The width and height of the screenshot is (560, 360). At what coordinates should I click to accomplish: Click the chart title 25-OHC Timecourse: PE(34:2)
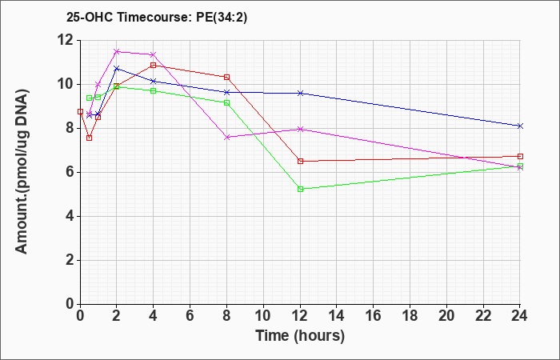tap(157, 17)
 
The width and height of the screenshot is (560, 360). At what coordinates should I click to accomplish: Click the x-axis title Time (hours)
tap(300, 336)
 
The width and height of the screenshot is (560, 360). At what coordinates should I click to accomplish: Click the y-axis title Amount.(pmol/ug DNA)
tap(22, 172)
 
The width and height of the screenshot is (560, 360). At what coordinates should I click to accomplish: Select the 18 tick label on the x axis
tap(410, 316)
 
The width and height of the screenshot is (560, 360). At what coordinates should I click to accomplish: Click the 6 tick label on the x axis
tap(190, 316)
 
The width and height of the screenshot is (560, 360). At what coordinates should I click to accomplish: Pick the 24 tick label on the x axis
tap(519, 316)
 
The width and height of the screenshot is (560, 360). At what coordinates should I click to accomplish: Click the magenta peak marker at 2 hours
tap(117, 51)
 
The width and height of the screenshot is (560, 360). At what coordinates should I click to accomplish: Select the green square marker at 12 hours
tap(300, 189)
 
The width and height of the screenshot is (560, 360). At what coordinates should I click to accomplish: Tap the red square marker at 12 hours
tap(300, 161)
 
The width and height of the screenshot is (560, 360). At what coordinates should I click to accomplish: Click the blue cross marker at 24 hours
tap(520, 126)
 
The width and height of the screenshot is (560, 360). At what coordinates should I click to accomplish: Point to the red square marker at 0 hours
tap(80, 111)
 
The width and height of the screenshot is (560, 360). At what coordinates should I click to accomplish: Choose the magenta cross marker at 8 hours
tap(226, 137)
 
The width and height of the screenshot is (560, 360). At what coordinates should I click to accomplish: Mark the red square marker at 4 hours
tap(154, 65)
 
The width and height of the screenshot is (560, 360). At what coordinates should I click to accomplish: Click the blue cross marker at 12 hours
tap(300, 93)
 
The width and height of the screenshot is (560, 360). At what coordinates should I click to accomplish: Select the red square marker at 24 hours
tap(520, 156)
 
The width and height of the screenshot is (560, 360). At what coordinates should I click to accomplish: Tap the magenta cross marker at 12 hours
tap(300, 129)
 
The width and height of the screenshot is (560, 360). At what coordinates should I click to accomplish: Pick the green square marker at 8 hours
tap(226, 102)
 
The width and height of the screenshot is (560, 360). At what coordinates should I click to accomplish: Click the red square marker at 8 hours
tap(226, 77)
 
